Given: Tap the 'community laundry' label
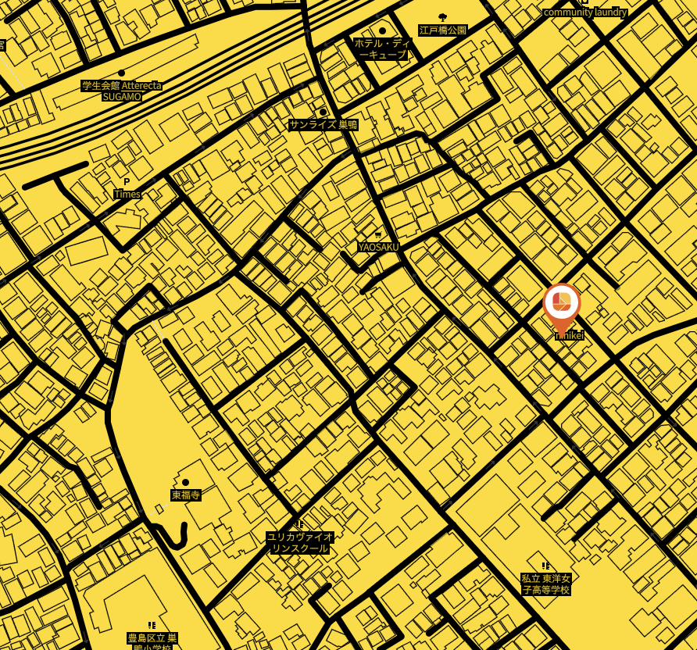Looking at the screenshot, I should click(x=584, y=12).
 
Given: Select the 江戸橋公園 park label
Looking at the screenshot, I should click(x=442, y=30).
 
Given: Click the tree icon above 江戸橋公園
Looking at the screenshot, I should click(x=442, y=17).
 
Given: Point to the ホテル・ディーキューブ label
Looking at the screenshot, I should click(x=382, y=48).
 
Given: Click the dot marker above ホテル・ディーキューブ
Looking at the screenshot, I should click(x=382, y=31).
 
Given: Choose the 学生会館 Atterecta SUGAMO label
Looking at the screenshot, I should click(x=122, y=91).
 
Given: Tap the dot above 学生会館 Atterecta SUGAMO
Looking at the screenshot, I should click(x=121, y=73).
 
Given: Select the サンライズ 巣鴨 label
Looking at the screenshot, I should click(x=323, y=125).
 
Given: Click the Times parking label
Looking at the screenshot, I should click(x=127, y=194).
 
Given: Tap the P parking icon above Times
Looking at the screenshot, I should click(x=127, y=182).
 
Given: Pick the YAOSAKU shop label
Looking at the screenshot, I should click(x=378, y=247).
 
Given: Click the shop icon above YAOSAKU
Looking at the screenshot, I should click(x=378, y=235).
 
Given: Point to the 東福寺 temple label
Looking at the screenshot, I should click(x=186, y=495).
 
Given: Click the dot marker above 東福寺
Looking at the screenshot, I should click(x=185, y=483).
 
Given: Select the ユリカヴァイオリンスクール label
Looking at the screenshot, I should click(x=300, y=542).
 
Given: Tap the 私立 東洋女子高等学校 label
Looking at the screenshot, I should click(x=546, y=584).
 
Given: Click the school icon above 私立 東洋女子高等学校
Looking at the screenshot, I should click(x=545, y=566).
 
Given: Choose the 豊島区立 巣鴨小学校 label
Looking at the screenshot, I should click(x=152, y=641).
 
